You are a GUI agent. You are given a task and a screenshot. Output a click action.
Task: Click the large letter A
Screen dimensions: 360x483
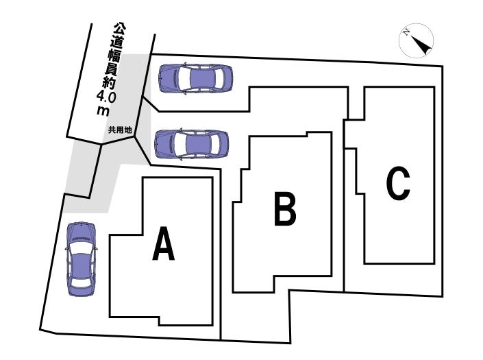pyautogui.click(x=163, y=245)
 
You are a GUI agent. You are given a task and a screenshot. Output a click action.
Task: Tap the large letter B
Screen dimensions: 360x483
pyautogui.click(x=285, y=210)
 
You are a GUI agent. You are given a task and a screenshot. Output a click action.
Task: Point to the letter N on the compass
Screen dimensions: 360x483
pyautogui.click(x=407, y=32)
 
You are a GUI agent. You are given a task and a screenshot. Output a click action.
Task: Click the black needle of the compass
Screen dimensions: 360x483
pyautogui.click(x=423, y=45)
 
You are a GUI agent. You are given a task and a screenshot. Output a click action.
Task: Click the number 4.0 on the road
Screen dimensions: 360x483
pyautogui.click(x=108, y=98)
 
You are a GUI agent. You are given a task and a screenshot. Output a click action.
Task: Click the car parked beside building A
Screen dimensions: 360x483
pyautogui.click(x=79, y=259)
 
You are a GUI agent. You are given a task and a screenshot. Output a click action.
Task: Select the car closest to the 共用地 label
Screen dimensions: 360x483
pyautogui.click(x=190, y=144)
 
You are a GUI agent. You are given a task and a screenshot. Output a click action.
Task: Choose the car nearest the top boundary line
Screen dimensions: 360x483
pyautogui.click(x=196, y=78)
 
